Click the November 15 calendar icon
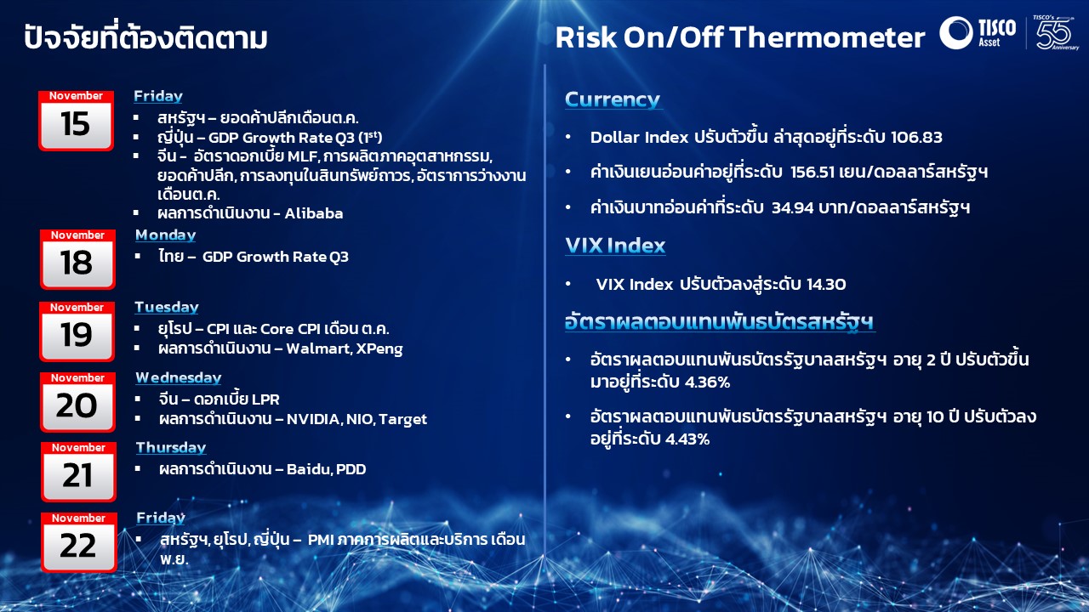click(x=77, y=121)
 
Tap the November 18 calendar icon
click(x=77, y=259)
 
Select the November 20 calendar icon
click(x=77, y=402)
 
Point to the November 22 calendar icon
click(x=79, y=542)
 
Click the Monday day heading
click(x=165, y=235)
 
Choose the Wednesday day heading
click(x=179, y=377)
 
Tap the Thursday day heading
click(x=171, y=447)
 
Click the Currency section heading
click(x=612, y=99)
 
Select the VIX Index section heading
click(x=615, y=246)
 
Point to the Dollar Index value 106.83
click(x=916, y=138)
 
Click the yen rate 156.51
click(x=812, y=172)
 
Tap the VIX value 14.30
click(x=826, y=284)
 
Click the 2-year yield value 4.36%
click(x=707, y=382)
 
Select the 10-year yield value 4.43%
click(x=687, y=439)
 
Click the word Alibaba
click(x=314, y=213)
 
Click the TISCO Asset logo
click(x=978, y=33)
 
